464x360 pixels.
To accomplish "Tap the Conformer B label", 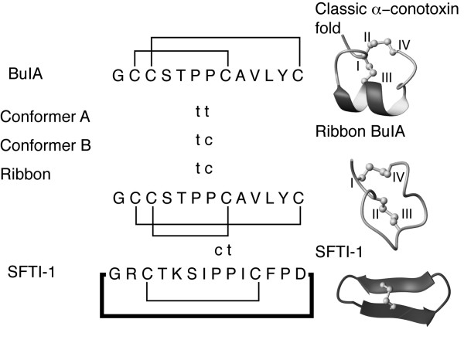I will click(x=46, y=144).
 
